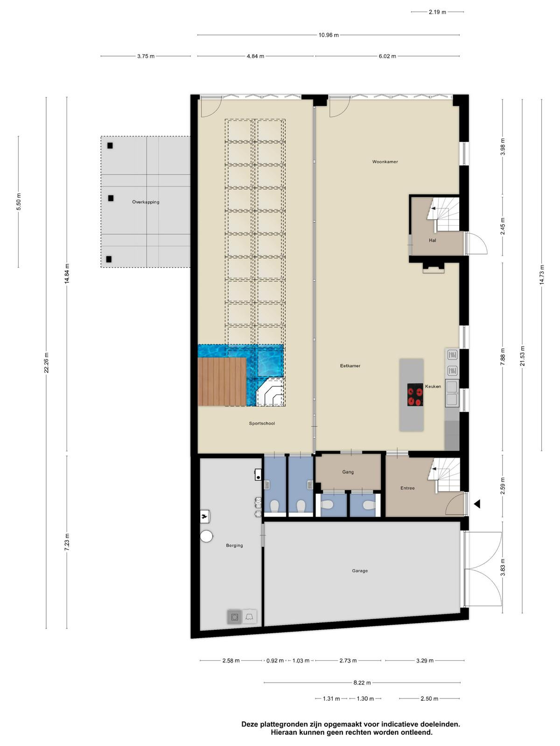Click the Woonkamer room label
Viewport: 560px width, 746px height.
tap(385, 162)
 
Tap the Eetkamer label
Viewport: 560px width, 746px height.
tap(350, 366)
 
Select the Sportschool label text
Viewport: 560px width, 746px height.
tap(261, 423)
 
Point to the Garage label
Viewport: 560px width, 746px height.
tap(360, 571)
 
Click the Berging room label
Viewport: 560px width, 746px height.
tap(234, 545)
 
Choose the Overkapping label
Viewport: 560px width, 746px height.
tap(146, 202)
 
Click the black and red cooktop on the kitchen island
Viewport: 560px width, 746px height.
tap(415, 394)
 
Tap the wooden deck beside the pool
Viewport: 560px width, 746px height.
tap(222, 381)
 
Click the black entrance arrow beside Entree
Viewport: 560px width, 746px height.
tap(476, 504)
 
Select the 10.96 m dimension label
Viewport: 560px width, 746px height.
tap(329, 35)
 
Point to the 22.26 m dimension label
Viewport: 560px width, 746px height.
tap(46, 363)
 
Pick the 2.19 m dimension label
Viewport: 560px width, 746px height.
tap(437, 12)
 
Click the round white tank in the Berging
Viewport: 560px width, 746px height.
tap(206, 536)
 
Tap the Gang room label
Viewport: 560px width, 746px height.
tap(348, 472)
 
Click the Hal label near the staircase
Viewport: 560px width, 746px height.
tap(432, 240)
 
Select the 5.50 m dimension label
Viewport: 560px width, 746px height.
tap(19, 201)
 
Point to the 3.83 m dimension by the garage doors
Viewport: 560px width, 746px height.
tap(503, 567)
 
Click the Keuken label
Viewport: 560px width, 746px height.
tap(433, 387)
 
